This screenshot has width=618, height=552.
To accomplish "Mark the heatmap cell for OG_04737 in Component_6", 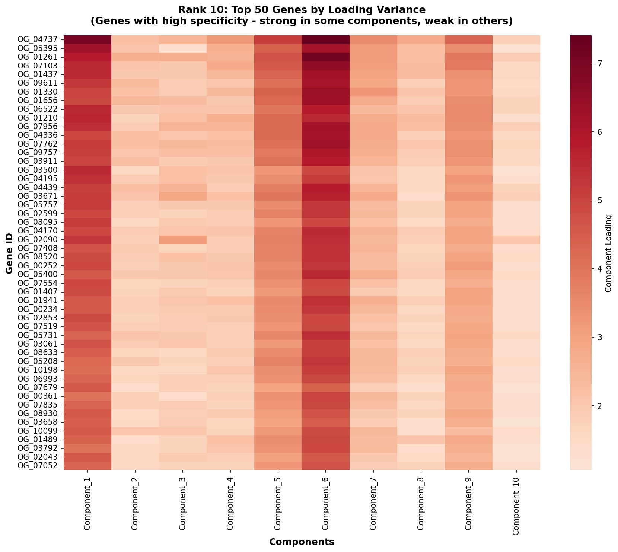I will [x=326, y=40].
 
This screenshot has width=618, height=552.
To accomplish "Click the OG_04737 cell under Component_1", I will [x=87, y=40].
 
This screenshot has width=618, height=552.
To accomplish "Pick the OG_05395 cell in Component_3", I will [x=183, y=48].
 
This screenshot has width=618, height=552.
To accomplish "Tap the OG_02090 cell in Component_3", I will [x=183, y=240].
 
